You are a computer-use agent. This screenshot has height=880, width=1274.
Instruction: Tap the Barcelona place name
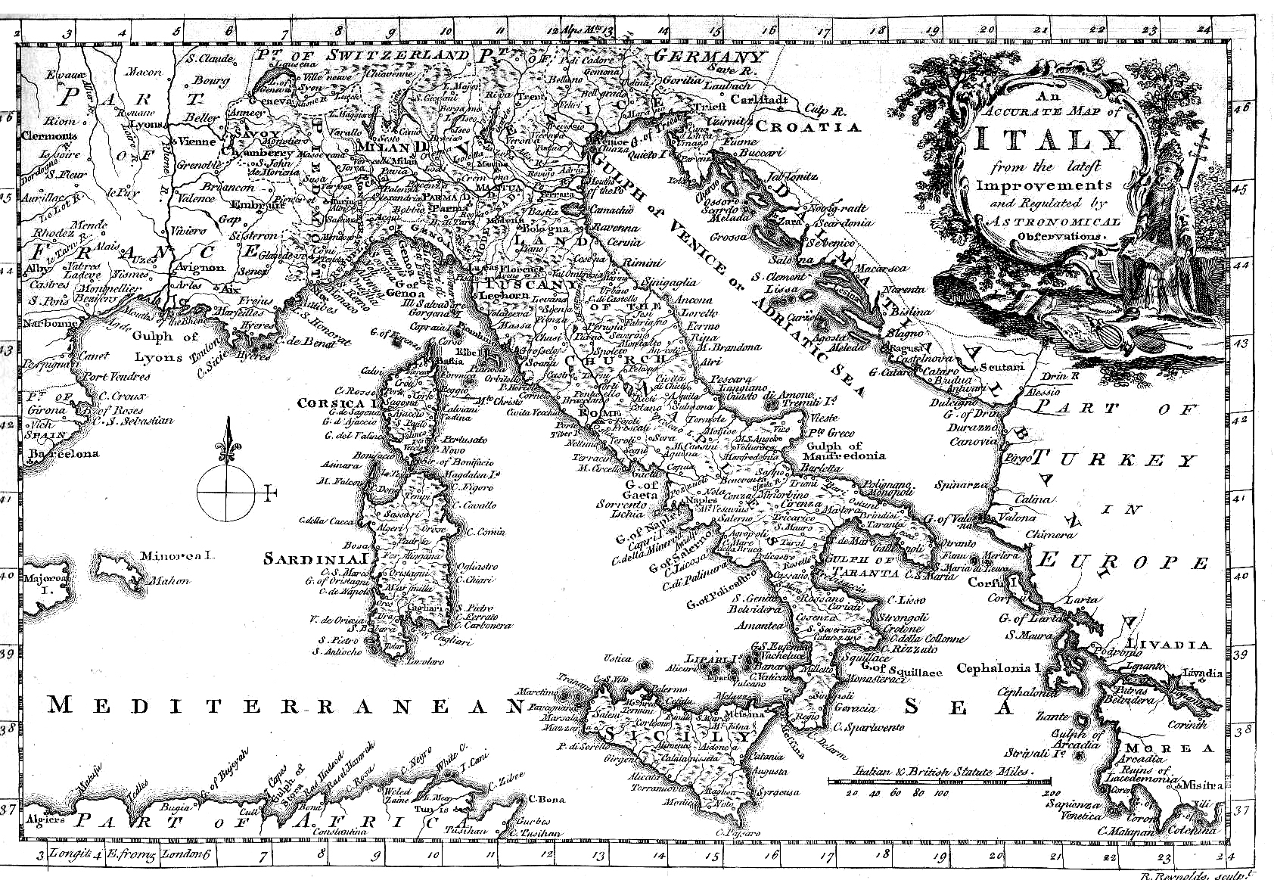click(x=64, y=453)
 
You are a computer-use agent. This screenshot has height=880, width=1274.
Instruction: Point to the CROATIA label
click(x=808, y=127)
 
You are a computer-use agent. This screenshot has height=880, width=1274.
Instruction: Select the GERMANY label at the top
click(x=709, y=57)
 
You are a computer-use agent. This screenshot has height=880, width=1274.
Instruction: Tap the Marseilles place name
click(x=240, y=313)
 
